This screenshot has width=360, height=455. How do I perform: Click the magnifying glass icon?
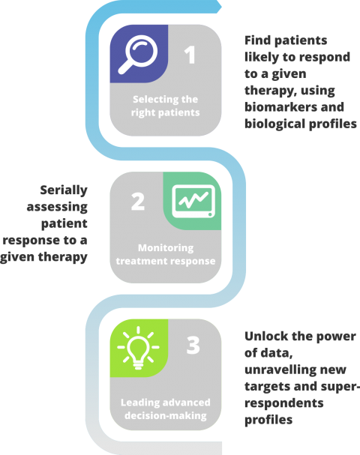(x=138, y=54)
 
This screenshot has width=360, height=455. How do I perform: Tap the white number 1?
(x=190, y=55)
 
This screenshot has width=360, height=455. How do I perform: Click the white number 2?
(x=138, y=202)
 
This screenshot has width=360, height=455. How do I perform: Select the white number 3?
(x=193, y=345)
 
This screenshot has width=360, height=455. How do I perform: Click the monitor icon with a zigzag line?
(x=193, y=201)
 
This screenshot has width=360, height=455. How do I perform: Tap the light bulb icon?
(x=138, y=348)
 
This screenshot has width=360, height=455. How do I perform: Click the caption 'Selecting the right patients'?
(x=166, y=106)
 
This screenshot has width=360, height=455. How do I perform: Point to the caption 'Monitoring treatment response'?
(x=166, y=254)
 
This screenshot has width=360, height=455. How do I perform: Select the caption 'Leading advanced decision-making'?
(x=166, y=409)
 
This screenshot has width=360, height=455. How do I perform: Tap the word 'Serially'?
(x=64, y=190)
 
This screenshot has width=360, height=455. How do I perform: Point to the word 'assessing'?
(x=57, y=207)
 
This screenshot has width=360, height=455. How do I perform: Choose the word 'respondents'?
(x=284, y=403)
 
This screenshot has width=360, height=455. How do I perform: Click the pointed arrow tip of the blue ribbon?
(x=221, y=7)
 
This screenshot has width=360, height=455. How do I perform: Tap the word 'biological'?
(x=274, y=124)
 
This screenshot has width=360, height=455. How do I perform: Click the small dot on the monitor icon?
(x=210, y=214)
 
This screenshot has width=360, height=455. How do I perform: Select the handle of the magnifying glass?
(x=125, y=67)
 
